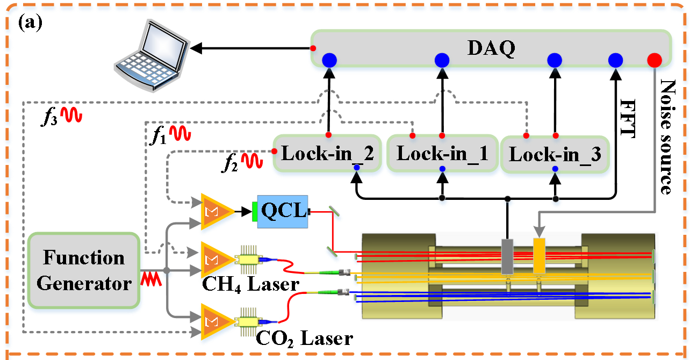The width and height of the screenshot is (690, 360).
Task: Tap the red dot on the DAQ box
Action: (654, 60)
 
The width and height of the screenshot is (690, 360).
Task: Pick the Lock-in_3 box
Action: (555, 155)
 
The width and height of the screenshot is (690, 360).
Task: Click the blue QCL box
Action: (282, 211)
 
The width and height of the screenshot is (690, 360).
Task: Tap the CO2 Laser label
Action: (304, 338)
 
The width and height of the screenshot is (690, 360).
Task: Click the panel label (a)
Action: (30, 24)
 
